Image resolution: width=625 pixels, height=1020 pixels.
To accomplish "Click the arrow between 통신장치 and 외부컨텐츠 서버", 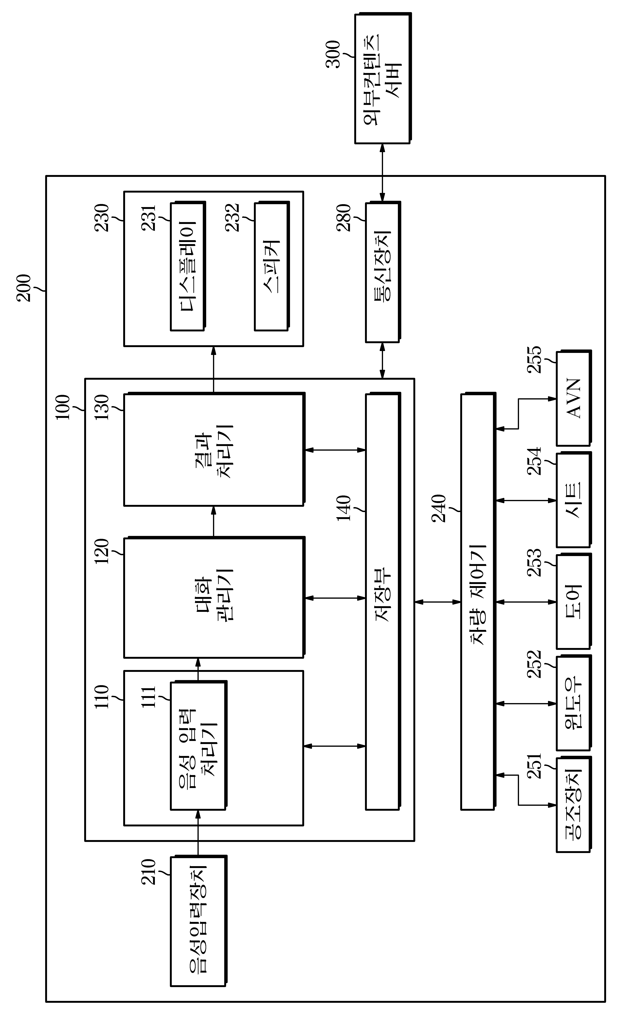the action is click(x=383, y=173).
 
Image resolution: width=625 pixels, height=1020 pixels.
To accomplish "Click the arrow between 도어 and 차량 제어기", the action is click(x=526, y=602).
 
